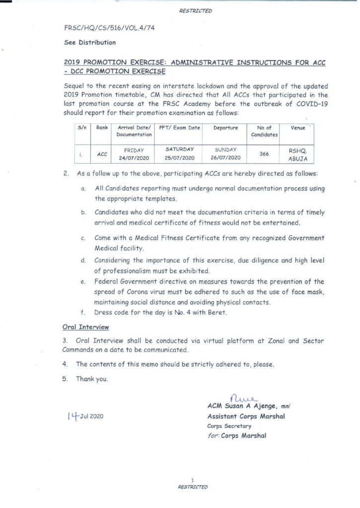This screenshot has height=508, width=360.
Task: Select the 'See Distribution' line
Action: tap(90, 43)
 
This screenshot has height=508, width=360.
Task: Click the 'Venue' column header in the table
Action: tap(297, 128)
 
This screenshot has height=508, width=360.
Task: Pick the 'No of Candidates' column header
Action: tap(264, 131)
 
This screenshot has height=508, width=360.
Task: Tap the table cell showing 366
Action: tap(264, 154)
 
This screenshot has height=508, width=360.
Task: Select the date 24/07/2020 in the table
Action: tap(134, 158)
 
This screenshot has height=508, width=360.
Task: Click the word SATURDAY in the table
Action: tap(179, 149)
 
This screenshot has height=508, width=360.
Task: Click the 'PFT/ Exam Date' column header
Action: tap(179, 128)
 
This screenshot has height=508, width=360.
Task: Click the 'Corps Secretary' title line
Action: tap(229, 426)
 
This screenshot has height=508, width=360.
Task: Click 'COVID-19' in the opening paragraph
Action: tap(308, 105)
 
